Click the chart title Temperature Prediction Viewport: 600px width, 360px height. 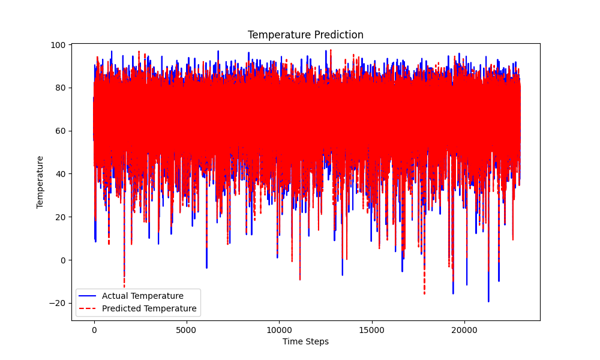[x=305, y=35]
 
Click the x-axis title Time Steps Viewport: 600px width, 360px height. [x=305, y=341]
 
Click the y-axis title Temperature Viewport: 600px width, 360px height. [x=40, y=182]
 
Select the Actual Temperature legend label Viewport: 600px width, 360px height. [x=142, y=296]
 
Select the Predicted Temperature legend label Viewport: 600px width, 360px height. [x=149, y=308]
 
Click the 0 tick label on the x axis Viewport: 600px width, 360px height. [x=94, y=330]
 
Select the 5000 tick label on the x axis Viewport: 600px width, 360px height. [x=186, y=330]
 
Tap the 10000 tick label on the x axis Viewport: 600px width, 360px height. [x=278, y=330]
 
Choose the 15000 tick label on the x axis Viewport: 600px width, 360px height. [x=371, y=330]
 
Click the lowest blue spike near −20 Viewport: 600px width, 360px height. [x=488, y=300]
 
